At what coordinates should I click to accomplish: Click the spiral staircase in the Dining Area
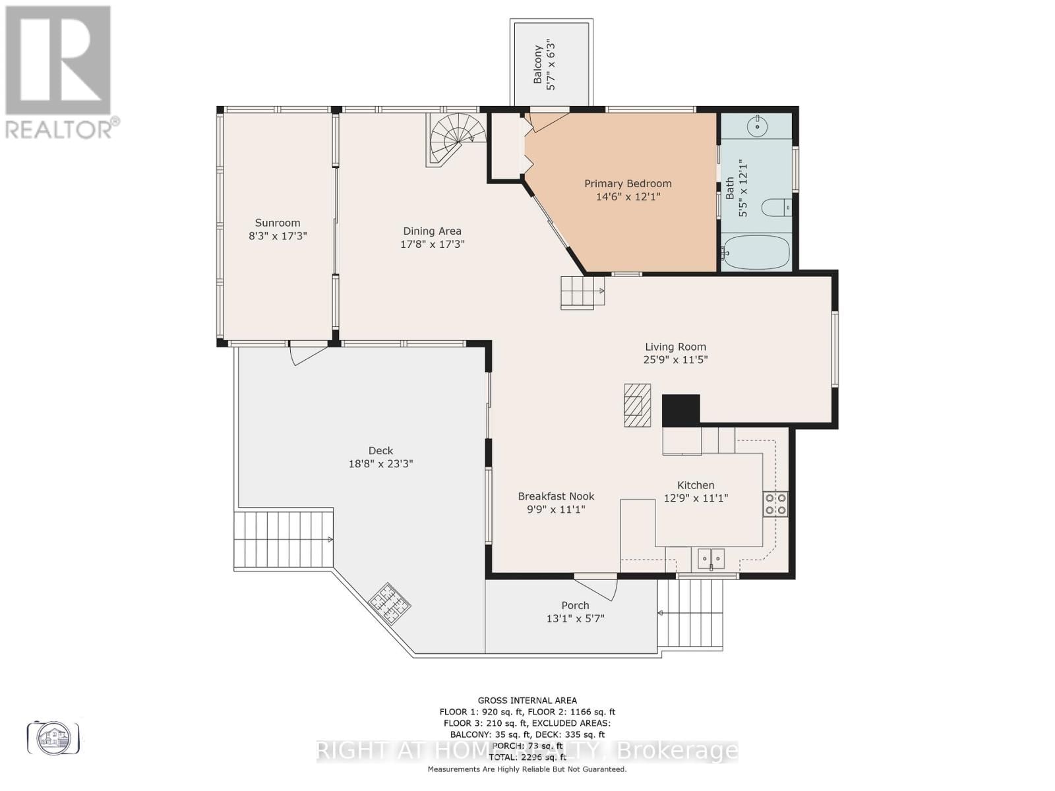(x=455, y=138)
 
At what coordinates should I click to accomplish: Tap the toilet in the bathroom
(x=777, y=208)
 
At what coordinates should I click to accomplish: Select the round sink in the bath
(x=759, y=125)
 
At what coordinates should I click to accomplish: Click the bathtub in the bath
(x=756, y=252)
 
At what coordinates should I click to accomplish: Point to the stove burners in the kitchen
(x=775, y=504)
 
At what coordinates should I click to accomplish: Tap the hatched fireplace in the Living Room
(x=637, y=405)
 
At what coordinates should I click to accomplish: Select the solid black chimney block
(x=680, y=410)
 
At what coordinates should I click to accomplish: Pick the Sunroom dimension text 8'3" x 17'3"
(x=278, y=236)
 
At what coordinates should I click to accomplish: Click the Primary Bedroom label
(x=628, y=184)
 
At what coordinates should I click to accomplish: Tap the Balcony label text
(x=538, y=65)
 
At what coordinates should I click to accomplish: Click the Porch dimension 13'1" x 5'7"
(x=575, y=618)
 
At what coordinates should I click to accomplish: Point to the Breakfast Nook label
(x=556, y=496)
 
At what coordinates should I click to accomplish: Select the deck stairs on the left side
(x=284, y=539)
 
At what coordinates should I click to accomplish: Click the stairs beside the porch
(x=690, y=613)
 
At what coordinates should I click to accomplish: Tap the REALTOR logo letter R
(x=58, y=61)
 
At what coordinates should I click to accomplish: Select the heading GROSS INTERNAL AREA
(x=527, y=701)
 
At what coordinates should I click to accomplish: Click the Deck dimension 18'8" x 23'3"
(x=380, y=463)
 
